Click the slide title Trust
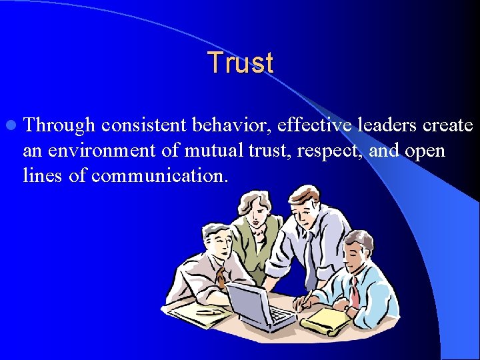tap(240, 63)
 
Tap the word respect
tap(327, 151)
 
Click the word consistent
tap(143, 125)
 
